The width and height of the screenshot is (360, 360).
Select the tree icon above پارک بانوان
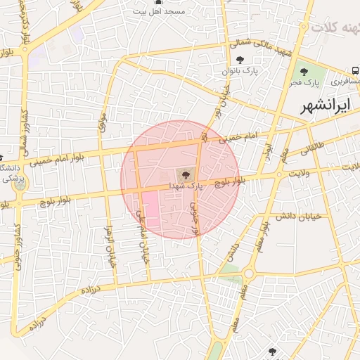[241, 60]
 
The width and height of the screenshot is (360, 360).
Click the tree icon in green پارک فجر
[304, 71]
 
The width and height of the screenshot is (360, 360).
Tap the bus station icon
[355, 71]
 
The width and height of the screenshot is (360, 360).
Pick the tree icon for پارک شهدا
[186, 174]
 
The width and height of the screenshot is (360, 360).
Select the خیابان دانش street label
[298, 216]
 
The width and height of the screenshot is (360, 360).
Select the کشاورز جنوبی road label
[15, 246]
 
